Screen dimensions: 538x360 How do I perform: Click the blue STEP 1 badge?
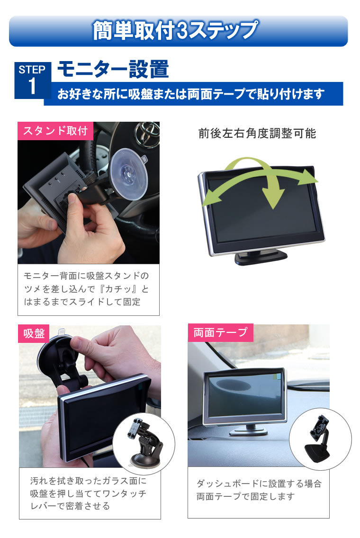click(x=32, y=80)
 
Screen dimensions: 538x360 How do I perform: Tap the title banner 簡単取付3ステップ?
click(x=178, y=31)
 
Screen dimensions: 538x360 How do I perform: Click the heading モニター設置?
click(x=113, y=70)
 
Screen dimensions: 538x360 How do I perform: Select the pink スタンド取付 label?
click(x=55, y=131)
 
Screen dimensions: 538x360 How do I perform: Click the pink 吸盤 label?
click(x=34, y=334)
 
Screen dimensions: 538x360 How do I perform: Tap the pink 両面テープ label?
click(x=220, y=332)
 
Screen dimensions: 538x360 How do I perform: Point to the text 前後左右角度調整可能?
click(x=257, y=134)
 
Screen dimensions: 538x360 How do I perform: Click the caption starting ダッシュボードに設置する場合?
click(x=259, y=490)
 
